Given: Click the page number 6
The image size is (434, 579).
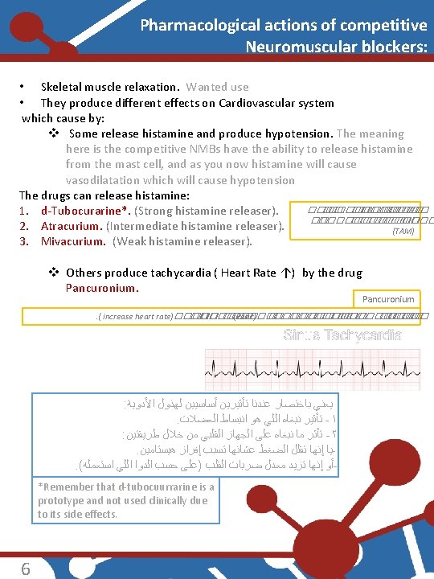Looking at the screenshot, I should click(x=26, y=569).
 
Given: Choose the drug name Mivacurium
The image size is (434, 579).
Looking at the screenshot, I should click(x=73, y=241).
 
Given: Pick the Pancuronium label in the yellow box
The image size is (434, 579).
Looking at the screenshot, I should click(x=388, y=299).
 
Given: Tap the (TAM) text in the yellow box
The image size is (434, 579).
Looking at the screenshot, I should click(x=403, y=231).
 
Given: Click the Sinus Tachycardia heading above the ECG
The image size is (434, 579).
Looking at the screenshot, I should click(x=342, y=335).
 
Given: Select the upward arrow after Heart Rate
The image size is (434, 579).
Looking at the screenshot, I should click(x=285, y=273).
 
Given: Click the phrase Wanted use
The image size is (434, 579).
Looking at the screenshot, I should click(x=218, y=87).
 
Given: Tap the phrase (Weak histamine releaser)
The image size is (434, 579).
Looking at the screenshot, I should click(x=182, y=241).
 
